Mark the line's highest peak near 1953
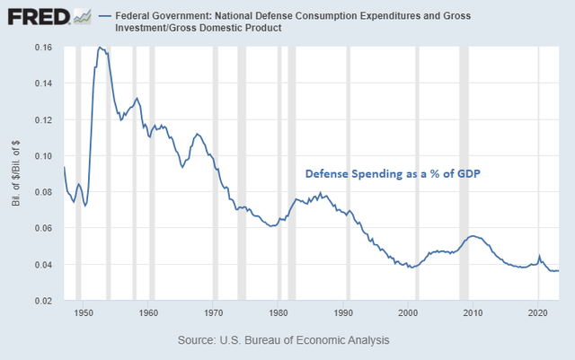(101, 47)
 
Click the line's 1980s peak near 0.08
(321, 193)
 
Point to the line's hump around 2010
(473, 235)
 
